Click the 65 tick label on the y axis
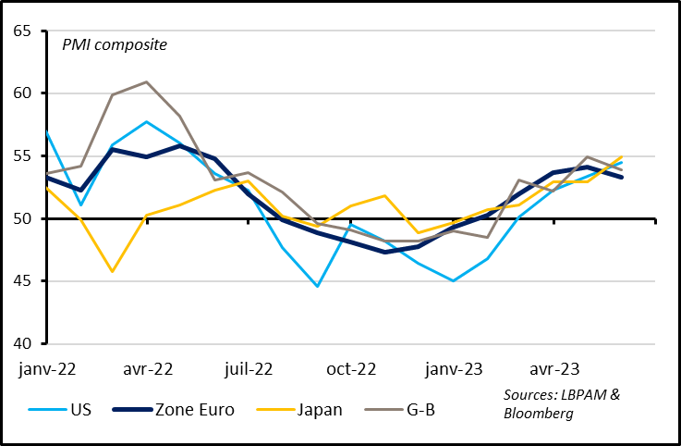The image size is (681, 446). (x=22, y=31)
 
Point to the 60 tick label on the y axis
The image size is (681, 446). (x=22, y=93)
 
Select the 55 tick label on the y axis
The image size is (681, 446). (x=22, y=156)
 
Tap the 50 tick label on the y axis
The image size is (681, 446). (x=22, y=219)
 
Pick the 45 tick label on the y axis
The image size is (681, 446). (x=22, y=281)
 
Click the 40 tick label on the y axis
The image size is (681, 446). (x=22, y=344)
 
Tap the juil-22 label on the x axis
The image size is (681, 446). (x=249, y=369)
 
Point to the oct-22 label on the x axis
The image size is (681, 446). (x=352, y=369)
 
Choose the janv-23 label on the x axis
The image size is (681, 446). (x=452, y=369)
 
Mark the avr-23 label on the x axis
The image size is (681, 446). (x=553, y=369)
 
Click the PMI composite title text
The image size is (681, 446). (x=114, y=44)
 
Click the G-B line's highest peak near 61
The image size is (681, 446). (x=147, y=81)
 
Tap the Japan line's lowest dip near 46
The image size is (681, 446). (x=112, y=271)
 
